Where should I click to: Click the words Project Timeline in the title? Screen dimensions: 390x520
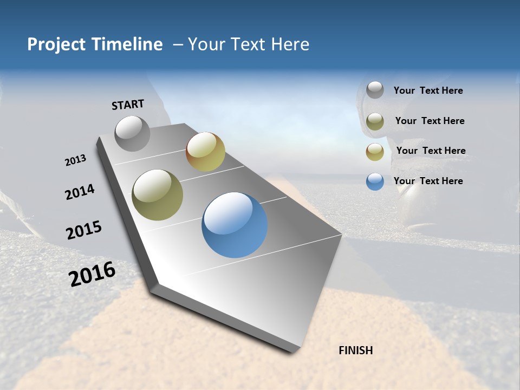95,44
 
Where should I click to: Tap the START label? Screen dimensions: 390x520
128,105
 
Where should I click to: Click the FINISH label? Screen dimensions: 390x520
355,350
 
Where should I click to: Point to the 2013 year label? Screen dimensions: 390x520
75,160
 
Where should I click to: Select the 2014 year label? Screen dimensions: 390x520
80,192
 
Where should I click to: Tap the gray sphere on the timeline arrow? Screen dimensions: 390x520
133,133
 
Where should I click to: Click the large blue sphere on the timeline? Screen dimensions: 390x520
235,225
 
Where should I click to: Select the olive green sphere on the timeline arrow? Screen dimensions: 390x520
157,195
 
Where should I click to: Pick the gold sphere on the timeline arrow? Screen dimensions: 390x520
205,152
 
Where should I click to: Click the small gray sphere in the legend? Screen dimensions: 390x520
375,90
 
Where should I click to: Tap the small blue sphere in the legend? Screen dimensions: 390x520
375,181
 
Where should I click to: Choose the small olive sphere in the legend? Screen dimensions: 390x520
375,121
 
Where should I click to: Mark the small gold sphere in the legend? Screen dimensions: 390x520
375,152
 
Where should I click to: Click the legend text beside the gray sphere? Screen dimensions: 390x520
428,91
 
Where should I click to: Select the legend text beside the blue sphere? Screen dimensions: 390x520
428,181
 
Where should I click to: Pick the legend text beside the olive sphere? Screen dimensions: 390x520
430,121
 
